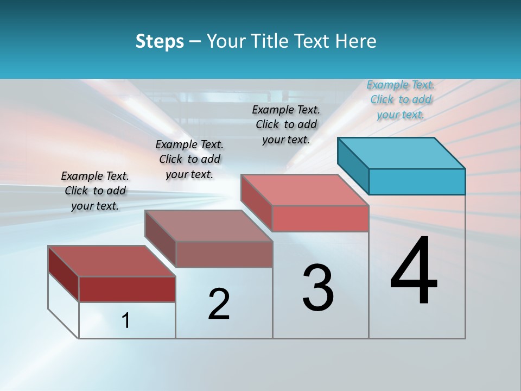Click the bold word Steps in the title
[x=160, y=41]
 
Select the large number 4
[x=414, y=271]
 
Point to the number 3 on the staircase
[x=318, y=288]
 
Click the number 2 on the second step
[x=219, y=304]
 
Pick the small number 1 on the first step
[x=126, y=321]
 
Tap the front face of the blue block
[x=417, y=181]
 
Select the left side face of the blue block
[x=353, y=162]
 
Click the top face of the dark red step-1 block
[x=111, y=261]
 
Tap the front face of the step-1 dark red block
[x=127, y=289]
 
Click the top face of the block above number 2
[x=208, y=226]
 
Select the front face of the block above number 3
[x=320, y=218]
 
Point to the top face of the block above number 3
[x=304, y=190]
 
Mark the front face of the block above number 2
[x=224, y=254]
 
